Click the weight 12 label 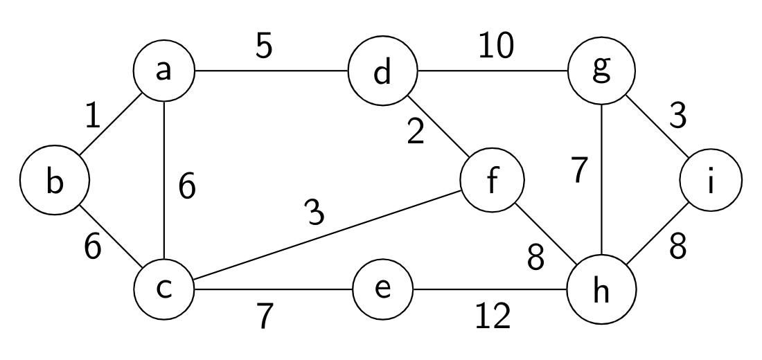493,316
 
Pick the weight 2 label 415,132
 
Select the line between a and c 165,180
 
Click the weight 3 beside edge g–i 678,116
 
